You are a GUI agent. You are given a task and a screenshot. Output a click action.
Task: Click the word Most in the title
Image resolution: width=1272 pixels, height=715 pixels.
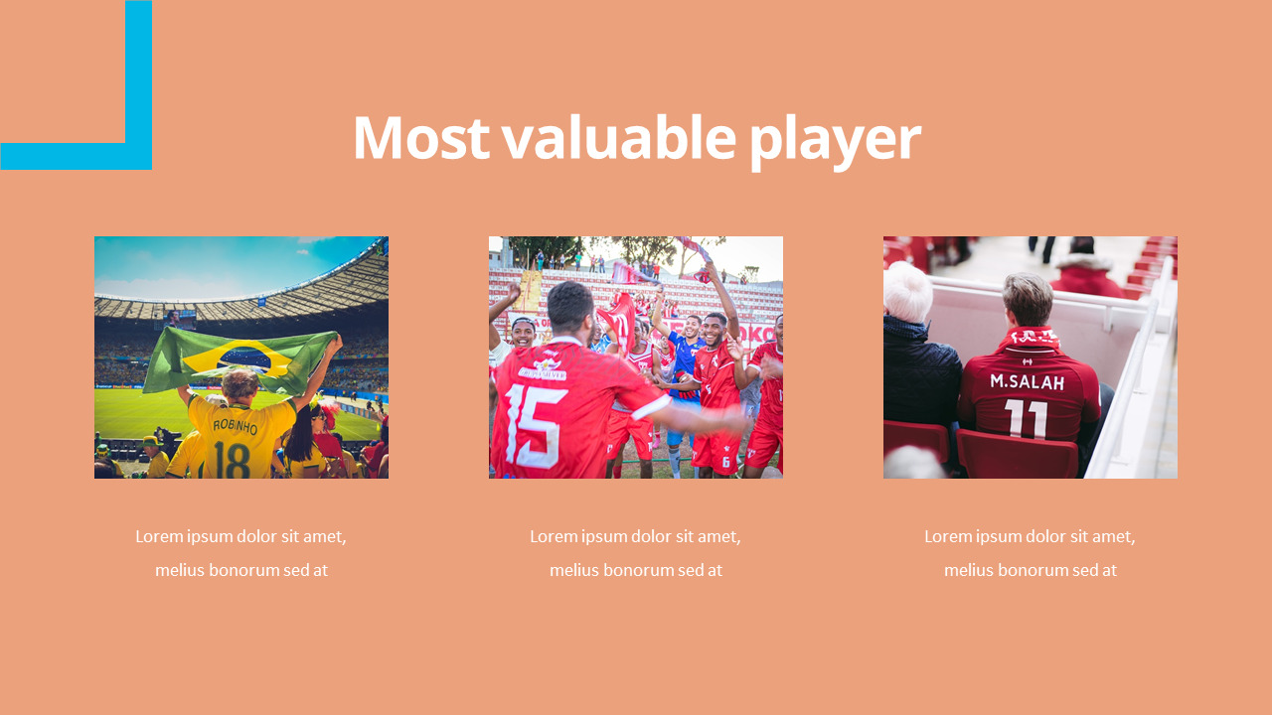[x=420, y=138]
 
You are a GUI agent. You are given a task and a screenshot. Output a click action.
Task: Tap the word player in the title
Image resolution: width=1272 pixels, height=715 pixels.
[x=835, y=140]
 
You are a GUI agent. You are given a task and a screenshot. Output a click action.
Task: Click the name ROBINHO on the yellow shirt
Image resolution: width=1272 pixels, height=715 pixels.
[x=235, y=428]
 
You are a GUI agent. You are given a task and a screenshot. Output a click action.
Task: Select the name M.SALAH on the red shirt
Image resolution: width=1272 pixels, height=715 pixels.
[x=1027, y=382]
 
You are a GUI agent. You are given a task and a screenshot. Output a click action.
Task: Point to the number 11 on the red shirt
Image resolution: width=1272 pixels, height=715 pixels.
[x=1026, y=419]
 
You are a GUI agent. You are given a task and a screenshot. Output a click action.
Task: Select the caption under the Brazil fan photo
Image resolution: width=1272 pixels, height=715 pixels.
[x=241, y=553]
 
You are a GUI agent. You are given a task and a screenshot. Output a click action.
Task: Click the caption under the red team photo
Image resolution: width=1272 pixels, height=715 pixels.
[x=635, y=553]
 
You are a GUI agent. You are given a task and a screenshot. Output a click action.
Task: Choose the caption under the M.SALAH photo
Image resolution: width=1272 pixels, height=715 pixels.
[x=1030, y=553]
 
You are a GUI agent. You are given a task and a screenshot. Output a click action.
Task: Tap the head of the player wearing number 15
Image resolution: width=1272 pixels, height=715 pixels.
[x=569, y=307]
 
